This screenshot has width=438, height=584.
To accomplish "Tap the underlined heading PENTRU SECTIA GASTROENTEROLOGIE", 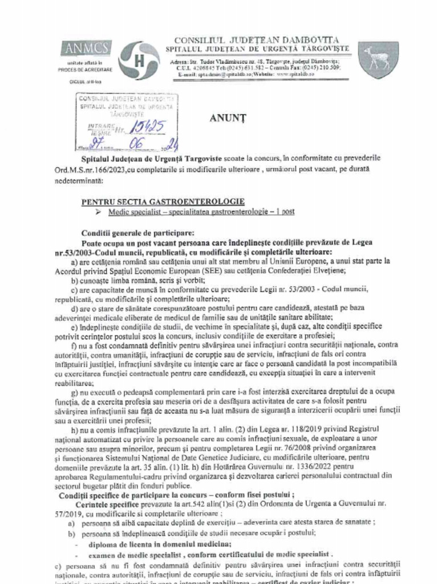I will coord(163,201).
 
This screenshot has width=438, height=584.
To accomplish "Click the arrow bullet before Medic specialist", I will coord(99,212).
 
